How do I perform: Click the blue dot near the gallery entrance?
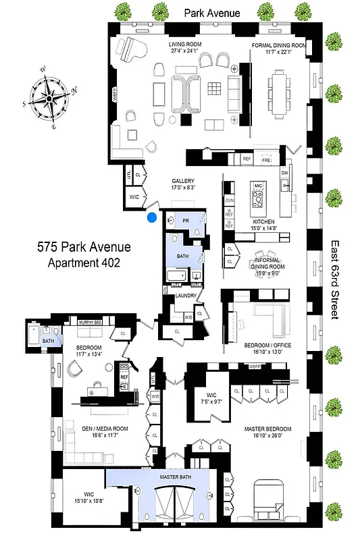[152, 217]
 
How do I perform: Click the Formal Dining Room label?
[278, 45]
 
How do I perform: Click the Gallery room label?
[182, 181]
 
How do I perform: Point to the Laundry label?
[186, 296]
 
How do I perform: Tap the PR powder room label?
[185, 221]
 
